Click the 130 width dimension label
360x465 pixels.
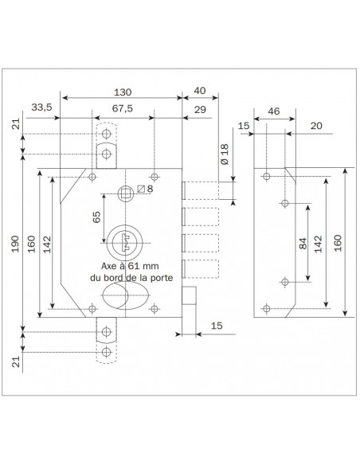point(123,92)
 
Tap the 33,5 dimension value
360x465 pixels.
point(41,107)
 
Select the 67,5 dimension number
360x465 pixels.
point(123,108)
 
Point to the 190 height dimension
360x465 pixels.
point(15,244)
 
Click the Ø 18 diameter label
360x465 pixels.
point(225,154)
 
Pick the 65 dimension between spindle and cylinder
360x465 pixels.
point(96,217)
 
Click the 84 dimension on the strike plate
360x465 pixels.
point(303,244)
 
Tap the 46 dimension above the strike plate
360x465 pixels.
point(274,111)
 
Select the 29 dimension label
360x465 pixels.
point(200,110)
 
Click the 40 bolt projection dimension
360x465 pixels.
point(200,91)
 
